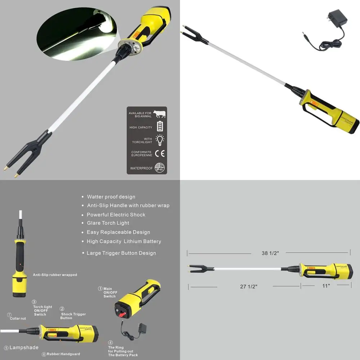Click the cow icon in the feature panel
159,114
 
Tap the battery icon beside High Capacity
159,126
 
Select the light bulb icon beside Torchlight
159,140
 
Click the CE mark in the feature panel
160,153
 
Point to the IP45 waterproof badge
159,167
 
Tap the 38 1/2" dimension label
270,253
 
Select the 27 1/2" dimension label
249,286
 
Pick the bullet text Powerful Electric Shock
116,215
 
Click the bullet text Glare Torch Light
108,223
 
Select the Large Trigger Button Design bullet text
121,253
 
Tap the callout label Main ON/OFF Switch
109,292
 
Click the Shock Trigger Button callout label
73,316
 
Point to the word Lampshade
24,347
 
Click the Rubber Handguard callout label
63,354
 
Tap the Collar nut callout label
18,319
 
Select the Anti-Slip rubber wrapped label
55,275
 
